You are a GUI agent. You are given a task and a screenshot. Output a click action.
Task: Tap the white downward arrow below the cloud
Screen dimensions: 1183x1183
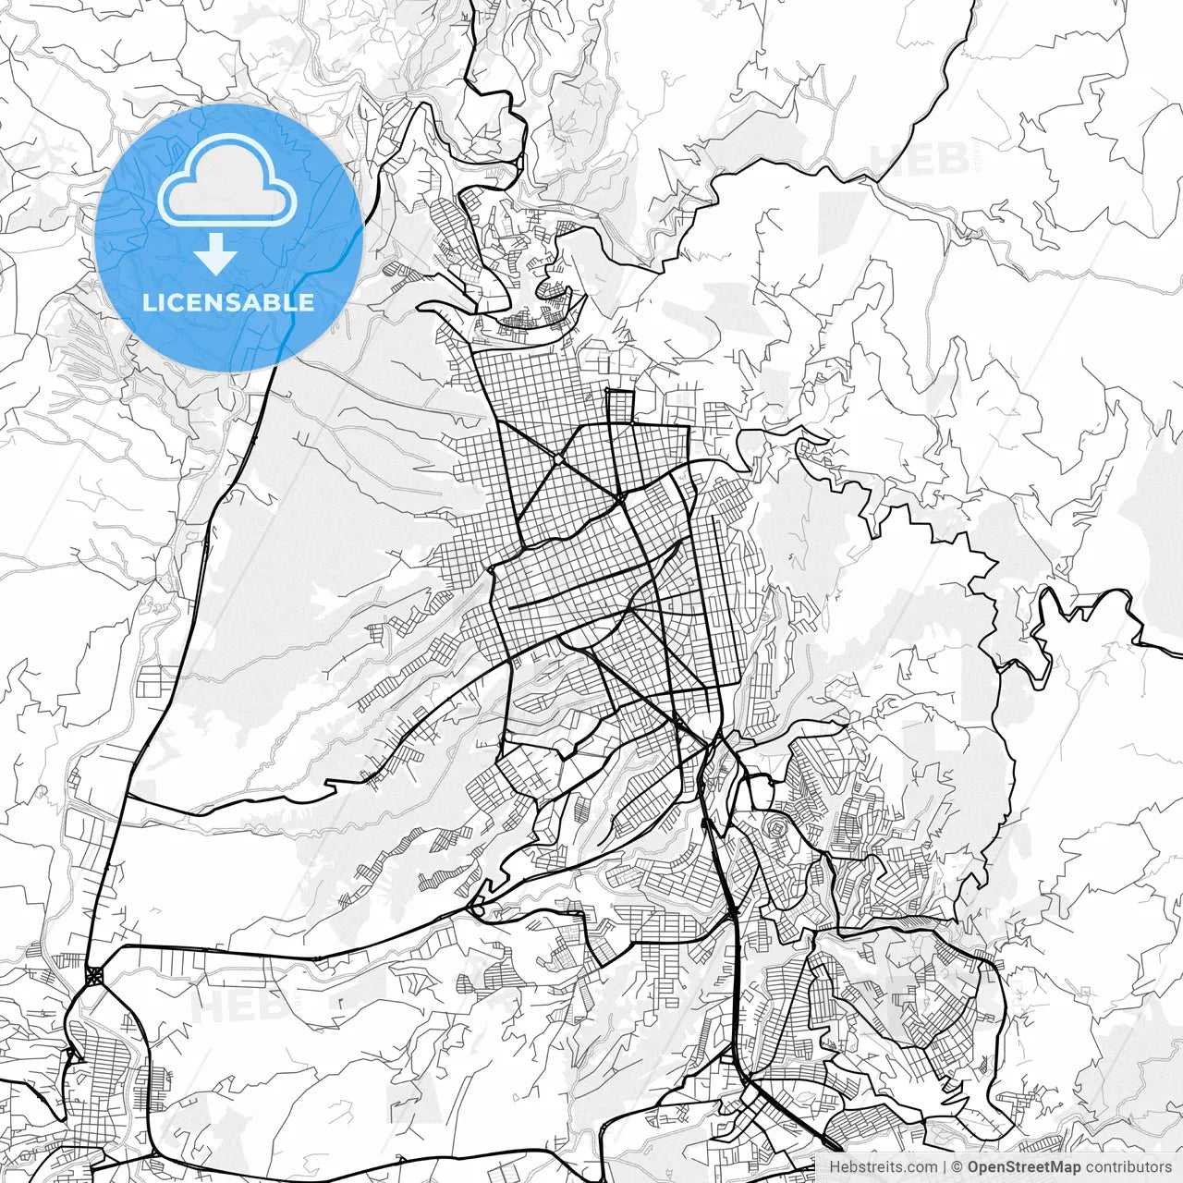pyautogui.click(x=216, y=253)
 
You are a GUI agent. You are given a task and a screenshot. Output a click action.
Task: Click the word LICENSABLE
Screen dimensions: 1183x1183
pyautogui.click(x=228, y=302)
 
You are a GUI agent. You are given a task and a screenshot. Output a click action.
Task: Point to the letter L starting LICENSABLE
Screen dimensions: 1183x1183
pyautogui.click(x=148, y=302)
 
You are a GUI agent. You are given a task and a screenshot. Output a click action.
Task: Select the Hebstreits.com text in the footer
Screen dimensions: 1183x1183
pyautogui.click(x=883, y=1167)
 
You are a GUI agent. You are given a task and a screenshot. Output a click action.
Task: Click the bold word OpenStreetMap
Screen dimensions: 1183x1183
pyautogui.click(x=1024, y=1167)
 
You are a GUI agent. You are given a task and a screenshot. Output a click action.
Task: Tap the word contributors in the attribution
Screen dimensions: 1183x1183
pyautogui.click(x=1128, y=1167)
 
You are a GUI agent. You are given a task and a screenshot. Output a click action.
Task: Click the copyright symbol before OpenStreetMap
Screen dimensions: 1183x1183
pyautogui.click(x=958, y=1167)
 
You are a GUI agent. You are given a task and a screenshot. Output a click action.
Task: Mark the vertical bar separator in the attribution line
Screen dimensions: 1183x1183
pyautogui.click(x=945, y=1167)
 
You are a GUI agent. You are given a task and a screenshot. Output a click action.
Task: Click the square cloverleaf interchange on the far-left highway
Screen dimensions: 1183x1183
pyautogui.click(x=94, y=976)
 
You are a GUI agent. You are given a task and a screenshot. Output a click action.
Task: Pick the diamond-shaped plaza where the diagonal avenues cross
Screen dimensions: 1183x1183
pyautogui.click(x=559, y=458)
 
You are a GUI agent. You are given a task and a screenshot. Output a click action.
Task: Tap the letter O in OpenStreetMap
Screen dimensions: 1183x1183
pyautogui.click(x=974, y=1167)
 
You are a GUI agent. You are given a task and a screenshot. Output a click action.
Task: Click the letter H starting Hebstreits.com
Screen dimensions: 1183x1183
pyautogui.click(x=834, y=1167)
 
